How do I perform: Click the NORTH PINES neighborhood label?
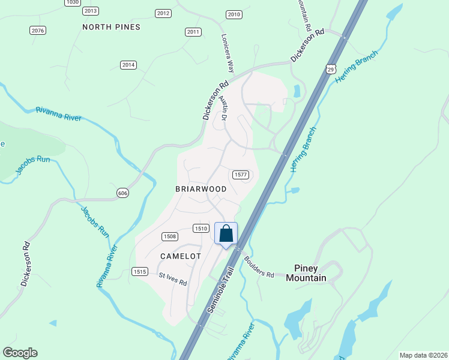pos(112,27)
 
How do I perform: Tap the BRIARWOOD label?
pos(200,189)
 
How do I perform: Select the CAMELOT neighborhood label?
pos(180,256)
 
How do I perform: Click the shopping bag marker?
pos(226,234)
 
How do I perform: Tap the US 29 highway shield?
pos(331,70)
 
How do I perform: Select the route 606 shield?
pos(122,193)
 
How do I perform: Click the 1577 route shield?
pos(240,174)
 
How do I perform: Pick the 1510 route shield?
pos(200,228)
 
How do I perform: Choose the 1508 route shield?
pos(169,236)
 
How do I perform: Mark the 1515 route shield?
pos(140,272)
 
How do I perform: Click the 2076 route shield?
pos(38,30)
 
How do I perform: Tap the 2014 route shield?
pos(128,65)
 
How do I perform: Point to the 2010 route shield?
pos(234,14)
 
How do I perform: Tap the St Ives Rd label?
pos(173,279)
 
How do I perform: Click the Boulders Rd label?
pos(259,267)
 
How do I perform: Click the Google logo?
pos(20,353)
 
